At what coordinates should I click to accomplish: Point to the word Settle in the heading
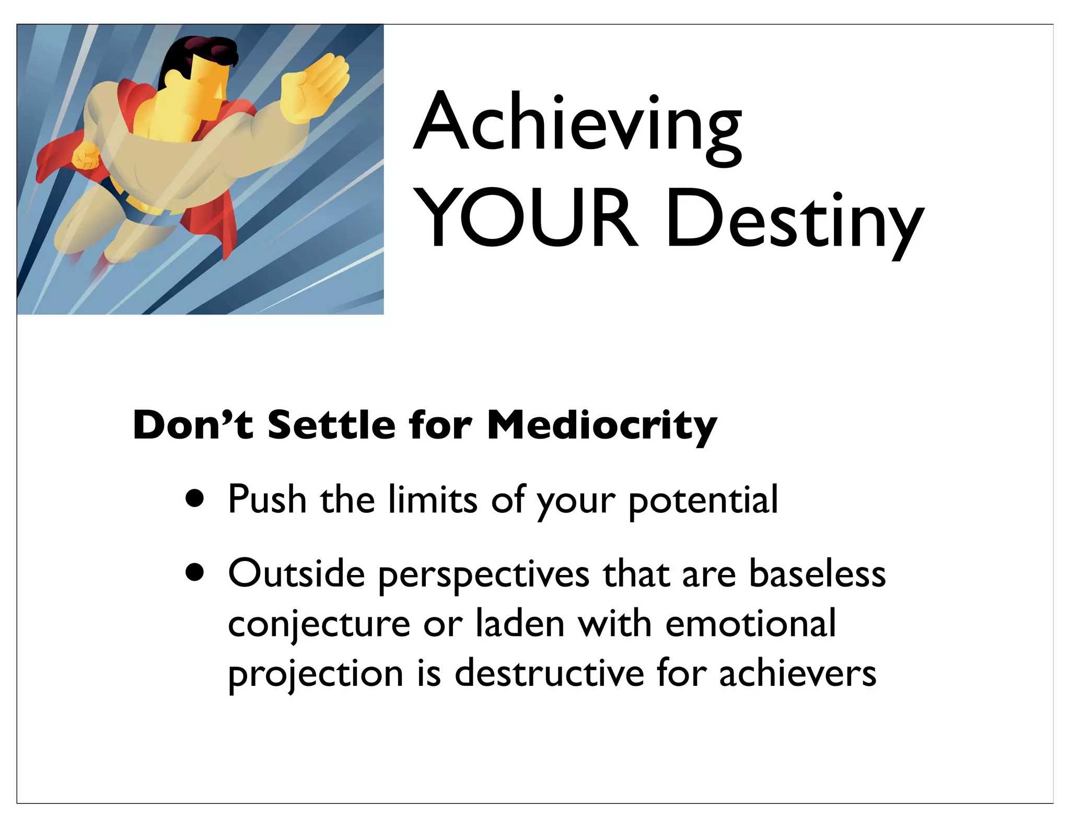331,424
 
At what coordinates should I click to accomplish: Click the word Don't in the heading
193,424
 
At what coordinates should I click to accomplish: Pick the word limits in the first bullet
433,499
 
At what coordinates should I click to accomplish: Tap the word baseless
817,573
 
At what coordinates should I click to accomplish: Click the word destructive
549,673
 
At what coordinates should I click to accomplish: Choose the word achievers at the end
797,673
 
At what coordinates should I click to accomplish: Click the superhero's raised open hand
313,89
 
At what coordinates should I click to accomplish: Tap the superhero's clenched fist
85,156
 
